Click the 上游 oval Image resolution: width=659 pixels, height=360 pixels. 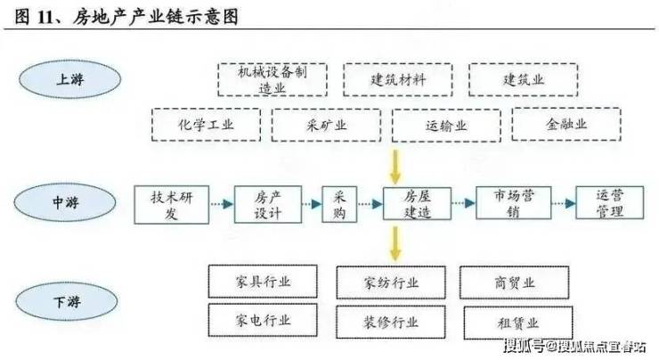(70, 79)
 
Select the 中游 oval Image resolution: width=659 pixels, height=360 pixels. (65, 202)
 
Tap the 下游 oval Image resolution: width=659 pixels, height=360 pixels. (67, 301)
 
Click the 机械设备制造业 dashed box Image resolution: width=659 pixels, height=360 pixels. (273, 80)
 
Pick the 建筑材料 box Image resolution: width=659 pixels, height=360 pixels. (397, 80)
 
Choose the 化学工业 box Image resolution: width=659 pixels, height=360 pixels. (206, 125)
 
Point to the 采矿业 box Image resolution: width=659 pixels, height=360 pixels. (326, 125)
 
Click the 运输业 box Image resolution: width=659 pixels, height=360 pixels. (446, 126)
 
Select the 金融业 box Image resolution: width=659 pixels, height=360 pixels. (566, 124)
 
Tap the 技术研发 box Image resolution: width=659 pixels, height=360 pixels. (172, 205)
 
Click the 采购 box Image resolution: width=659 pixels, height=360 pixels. (339, 204)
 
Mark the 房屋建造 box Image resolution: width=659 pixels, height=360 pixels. (417, 204)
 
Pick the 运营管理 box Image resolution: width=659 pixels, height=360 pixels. (609, 203)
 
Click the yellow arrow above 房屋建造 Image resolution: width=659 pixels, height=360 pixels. (395, 167)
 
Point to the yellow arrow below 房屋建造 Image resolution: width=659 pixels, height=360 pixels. (395, 243)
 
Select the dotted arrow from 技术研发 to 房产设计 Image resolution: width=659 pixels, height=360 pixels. (222, 204)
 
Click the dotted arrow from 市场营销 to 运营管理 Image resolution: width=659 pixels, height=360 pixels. (564, 203)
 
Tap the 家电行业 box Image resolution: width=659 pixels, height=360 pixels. (263, 320)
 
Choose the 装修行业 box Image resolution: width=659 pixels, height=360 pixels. (391, 323)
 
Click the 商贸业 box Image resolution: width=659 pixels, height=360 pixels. (515, 282)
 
